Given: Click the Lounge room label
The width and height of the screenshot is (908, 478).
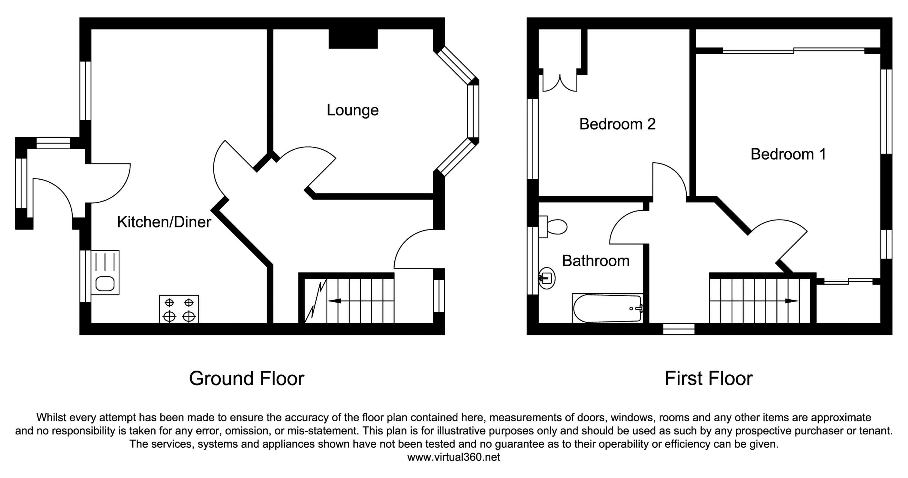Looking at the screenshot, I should click(x=353, y=110).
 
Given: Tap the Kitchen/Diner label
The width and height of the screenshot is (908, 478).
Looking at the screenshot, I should click(x=164, y=222).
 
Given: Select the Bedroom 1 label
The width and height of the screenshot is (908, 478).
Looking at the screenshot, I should click(x=788, y=154).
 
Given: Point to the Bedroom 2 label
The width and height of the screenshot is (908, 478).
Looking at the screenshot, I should click(x=617, y=124).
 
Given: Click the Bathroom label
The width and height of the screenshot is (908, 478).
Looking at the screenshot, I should click(x=596, y=261).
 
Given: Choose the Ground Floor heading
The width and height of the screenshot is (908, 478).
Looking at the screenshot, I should click(x=246, y=379).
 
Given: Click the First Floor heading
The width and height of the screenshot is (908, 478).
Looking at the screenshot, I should click(x=709, y=379).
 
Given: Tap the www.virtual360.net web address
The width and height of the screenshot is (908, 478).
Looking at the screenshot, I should click(x=454, y=457).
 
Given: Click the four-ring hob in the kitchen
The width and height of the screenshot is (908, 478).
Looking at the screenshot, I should click(x=179, y=309).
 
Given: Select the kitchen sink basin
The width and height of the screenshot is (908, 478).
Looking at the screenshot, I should click(x=105, y=283).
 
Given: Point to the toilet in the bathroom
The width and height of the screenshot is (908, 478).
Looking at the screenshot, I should click(x=555, y=227).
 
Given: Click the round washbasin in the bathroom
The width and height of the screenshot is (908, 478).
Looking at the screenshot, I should click(x=547, y=278).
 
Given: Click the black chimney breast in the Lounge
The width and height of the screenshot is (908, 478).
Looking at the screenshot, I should click(x=353, y=38).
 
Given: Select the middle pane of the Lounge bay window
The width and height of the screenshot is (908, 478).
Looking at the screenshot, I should click(x=473, y=111).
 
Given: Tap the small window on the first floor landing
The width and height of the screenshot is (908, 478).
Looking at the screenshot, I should click(x=679, y=329).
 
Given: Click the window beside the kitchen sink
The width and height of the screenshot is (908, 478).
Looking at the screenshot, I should click(x=85, y=276).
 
